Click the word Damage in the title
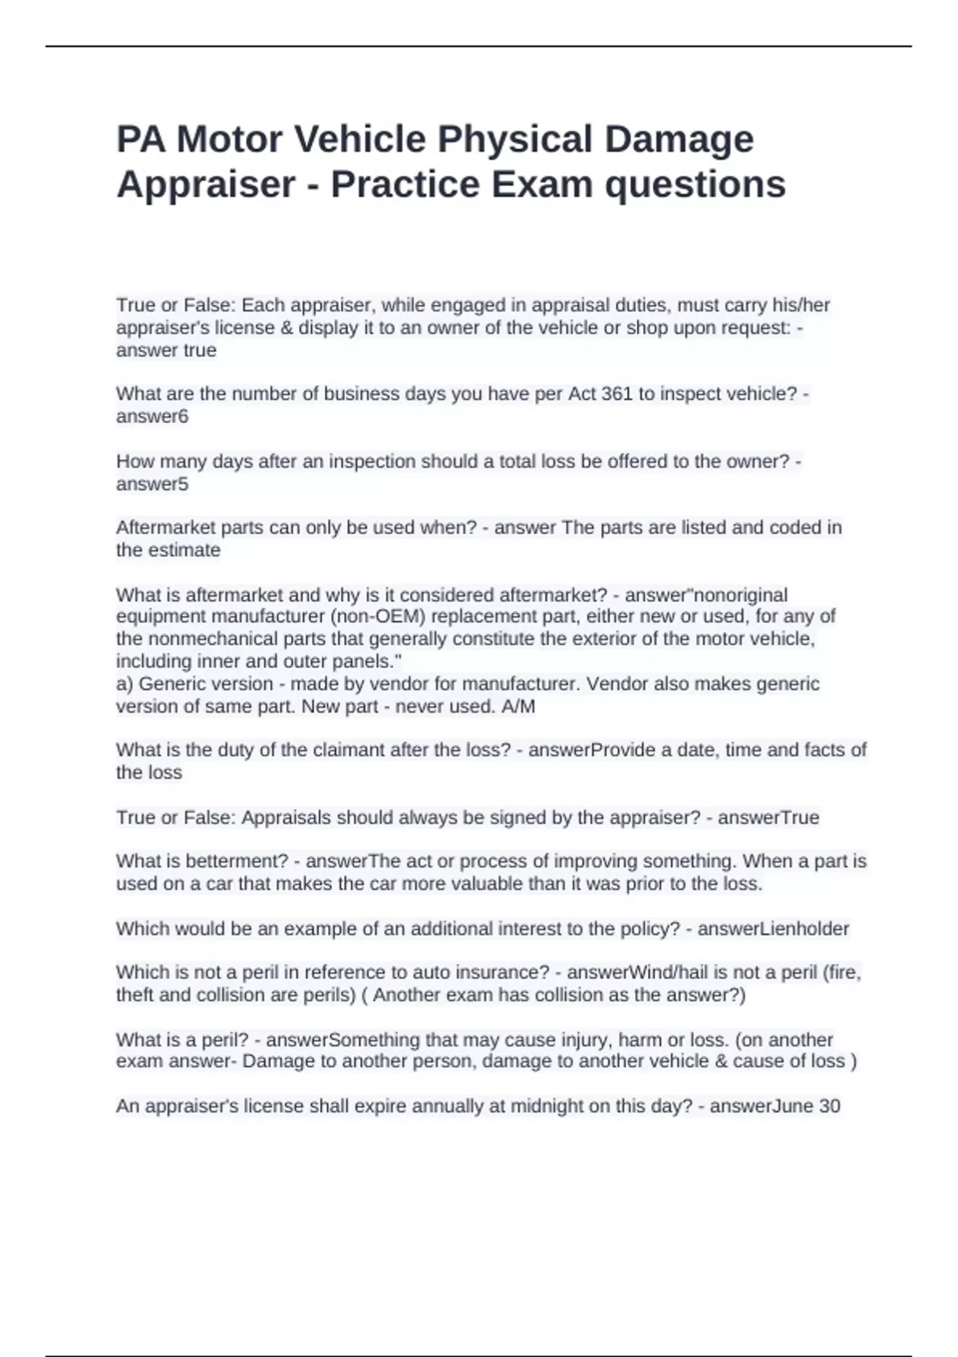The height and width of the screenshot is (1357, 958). click(x=679, y=139)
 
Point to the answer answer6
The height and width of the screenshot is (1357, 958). click(x=152, y=416)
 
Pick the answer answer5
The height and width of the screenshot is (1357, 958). click(x=152, y=484)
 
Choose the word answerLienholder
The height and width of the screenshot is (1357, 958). click(x=773, y=928)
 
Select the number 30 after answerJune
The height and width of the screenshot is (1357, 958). click(x=829, y=1106)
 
